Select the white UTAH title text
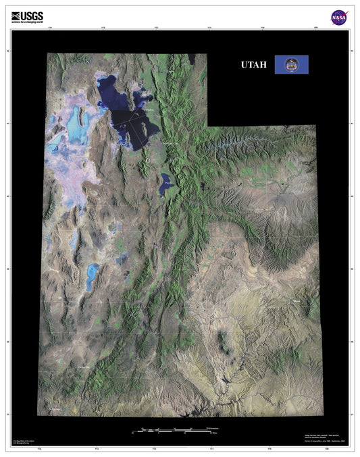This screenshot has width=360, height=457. [x=254, y=65]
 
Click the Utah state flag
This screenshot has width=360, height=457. [x=291, y=65]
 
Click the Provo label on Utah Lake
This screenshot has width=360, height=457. [x=167, y=182]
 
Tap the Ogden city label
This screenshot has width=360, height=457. [x=151, y=109]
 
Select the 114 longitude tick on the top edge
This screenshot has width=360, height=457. [x=52, y=30]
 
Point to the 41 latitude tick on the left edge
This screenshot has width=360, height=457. [x=7, y=124]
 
